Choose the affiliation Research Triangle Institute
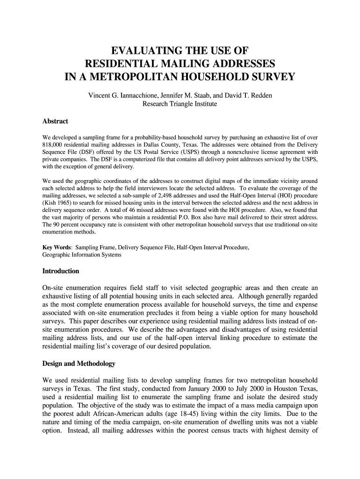tap(180, 103)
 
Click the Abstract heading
tap(55, 121)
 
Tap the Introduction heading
tap(61, 271)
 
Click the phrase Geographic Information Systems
tap(81, 255)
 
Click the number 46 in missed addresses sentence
tap(122, 210)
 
